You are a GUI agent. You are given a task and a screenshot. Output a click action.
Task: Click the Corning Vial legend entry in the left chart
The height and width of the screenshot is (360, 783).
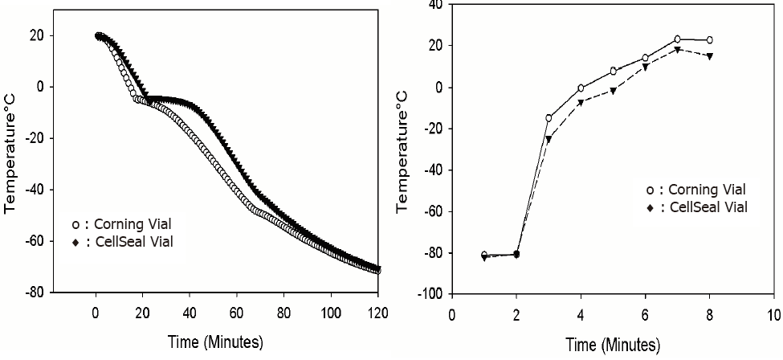pos(120,224)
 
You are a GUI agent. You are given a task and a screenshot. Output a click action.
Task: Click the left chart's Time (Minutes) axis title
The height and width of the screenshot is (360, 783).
pos(216,342)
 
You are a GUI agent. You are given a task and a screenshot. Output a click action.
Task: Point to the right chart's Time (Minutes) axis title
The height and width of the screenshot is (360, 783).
pos(614,346)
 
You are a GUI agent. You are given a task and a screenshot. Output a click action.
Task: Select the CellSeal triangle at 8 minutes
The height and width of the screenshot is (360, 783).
pos(710,56)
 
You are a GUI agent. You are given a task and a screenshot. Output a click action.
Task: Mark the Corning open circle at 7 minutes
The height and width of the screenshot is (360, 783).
pos(678,39)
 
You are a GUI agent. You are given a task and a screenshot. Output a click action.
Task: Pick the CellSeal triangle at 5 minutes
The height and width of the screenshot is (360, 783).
pos(613,91)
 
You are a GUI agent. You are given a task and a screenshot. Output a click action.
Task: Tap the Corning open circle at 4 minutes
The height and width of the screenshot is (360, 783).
pos(581,88)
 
